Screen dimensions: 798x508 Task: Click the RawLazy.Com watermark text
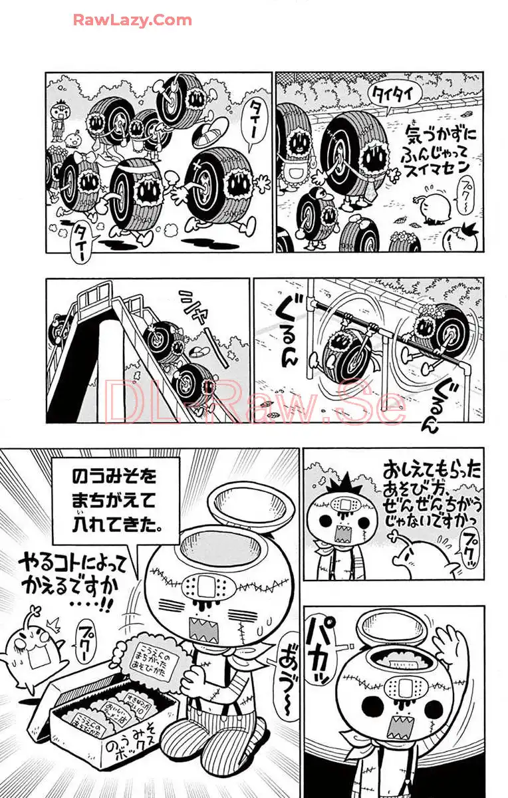click(x=132, y=20)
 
